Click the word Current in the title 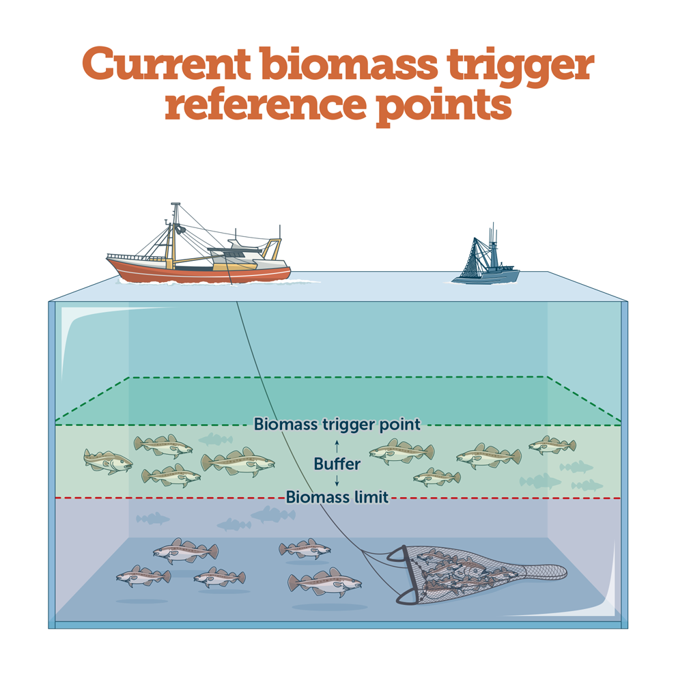(166, 64)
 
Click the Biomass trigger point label (337, 424)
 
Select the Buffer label (337, 464)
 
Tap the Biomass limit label (337, 497)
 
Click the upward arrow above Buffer (337, 447)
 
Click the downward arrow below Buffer (337, 481)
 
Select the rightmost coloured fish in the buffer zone (552, 445)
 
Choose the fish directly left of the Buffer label (238, 462)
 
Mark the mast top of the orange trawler (175, 205)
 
